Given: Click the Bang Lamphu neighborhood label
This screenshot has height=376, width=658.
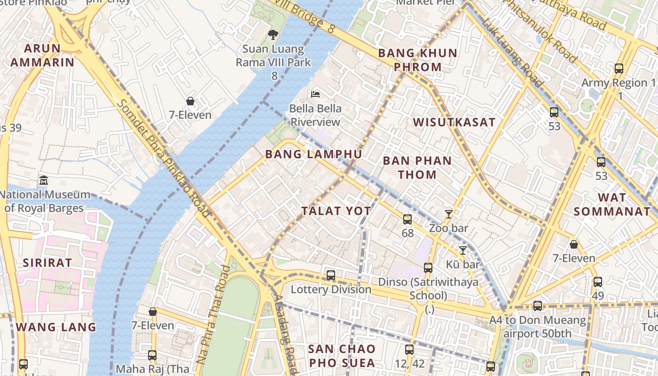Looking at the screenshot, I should click(x=313, y=154).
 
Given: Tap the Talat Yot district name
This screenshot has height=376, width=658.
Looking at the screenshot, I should click(x=336, y=211).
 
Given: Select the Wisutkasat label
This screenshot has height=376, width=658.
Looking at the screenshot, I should click(x=454, y=122).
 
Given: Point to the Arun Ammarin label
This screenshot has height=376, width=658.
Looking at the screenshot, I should click(x=42, y=55).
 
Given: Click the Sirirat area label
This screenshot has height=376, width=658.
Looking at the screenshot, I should click(x=47, y=263).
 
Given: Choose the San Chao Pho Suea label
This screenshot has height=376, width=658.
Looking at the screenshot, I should click(x=342, y=356).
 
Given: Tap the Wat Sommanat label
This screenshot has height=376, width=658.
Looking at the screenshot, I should click(x=611, y=204).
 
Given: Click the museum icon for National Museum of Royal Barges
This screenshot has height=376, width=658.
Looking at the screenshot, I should click(x=44, y=180).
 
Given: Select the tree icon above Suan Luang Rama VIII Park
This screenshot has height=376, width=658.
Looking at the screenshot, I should click(x=273, y=34).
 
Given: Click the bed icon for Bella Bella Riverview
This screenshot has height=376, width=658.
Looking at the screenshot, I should click(x=315, y=94).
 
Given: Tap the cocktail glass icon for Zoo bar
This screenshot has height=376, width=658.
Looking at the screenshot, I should click(x=449, y=214).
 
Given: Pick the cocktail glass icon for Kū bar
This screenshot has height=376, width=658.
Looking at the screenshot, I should click(x=463, y=250).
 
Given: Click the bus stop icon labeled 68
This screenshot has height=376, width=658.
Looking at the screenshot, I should click(x=407, y=219).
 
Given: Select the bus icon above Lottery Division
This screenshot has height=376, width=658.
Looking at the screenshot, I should click(x=331, y=275).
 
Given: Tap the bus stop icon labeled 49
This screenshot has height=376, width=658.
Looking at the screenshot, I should click(x=597, y=282).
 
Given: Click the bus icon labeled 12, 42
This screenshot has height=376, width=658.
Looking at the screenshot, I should click(x=409, y=349).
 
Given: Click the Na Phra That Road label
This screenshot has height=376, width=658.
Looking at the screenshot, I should click(x=213, y=315).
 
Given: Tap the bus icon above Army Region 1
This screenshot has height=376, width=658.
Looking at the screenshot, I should click(x=619, y=69).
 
